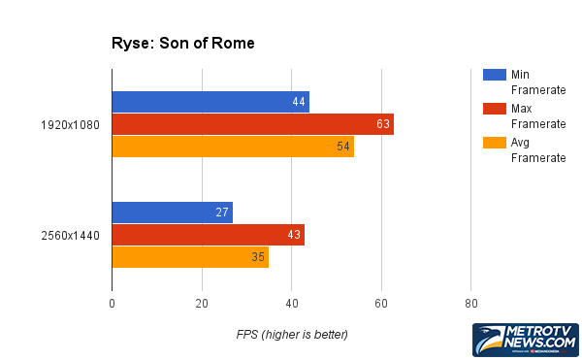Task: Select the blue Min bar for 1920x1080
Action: (x=210, y=102)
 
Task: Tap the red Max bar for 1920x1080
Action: (x=252, y=124)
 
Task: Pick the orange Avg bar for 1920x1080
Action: (x=233, y=147)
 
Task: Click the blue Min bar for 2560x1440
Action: (x=172, y=213)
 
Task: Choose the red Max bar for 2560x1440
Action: (x=208, y=235)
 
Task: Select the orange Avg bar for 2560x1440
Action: (x=189, y=257)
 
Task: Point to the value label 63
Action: (x=384, y=124)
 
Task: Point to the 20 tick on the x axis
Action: (x=202, y=305)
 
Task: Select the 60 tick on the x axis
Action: (x=381, y=305)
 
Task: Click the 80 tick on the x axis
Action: (x=470, y=305)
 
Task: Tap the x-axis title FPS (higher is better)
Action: (x=292, y=335)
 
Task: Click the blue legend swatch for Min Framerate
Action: (x=493, y=75)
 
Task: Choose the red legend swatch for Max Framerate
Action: (x=493, y=109)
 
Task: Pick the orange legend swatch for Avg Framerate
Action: (x=493, y=143)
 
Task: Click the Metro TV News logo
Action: (x=525, y=341)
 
